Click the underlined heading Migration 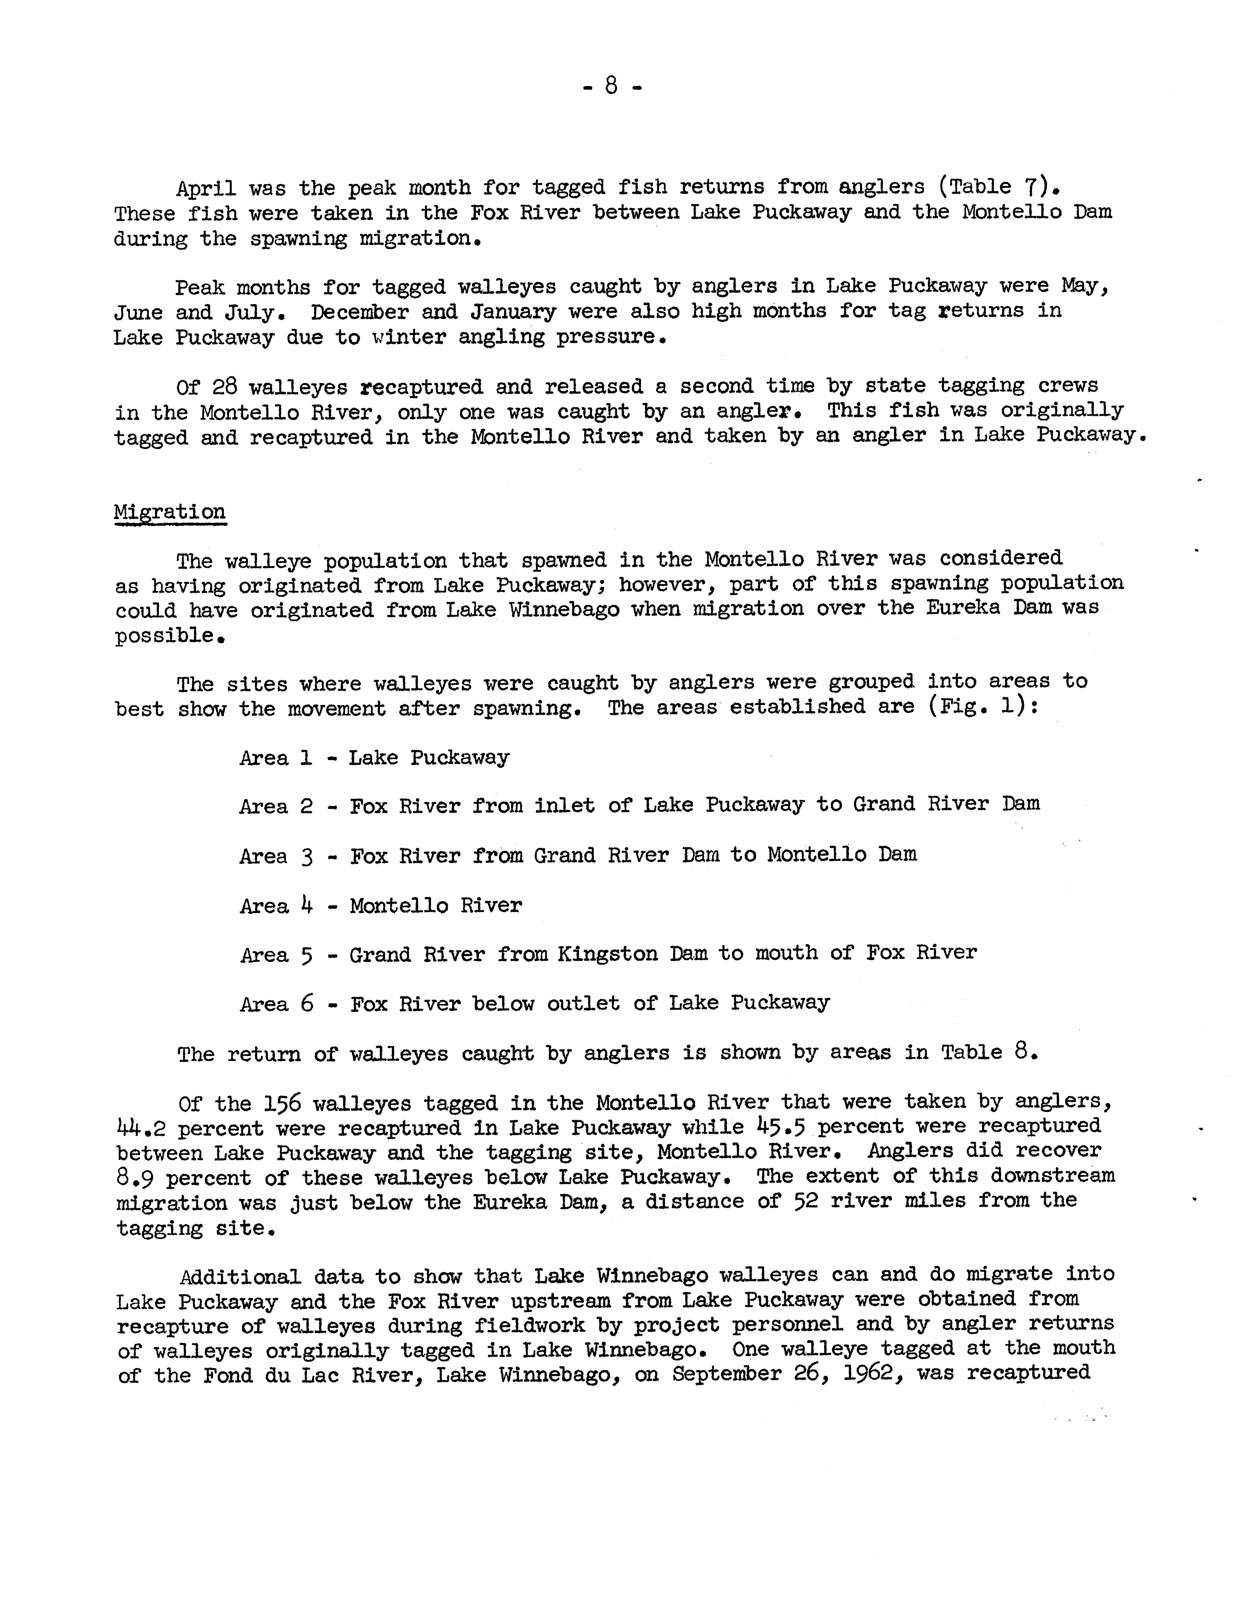(170, 512)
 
